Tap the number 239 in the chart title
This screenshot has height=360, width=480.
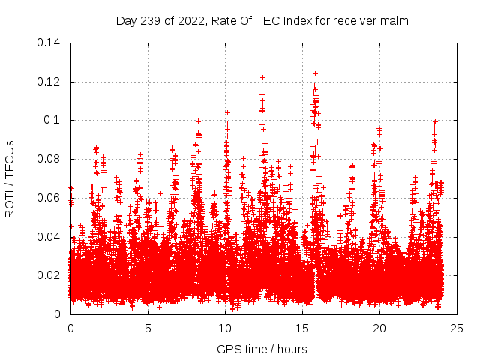[148, 20]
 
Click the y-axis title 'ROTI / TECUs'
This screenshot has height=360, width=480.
[10, 178]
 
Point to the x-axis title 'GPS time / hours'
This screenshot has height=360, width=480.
[261, 349]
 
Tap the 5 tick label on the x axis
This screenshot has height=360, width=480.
[148, 328]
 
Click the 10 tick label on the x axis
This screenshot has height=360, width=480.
[225, 328]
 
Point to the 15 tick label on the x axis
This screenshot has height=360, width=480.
[302, 328]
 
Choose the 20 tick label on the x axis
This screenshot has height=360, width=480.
[380, 328]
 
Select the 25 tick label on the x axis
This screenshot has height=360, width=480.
[457, 328]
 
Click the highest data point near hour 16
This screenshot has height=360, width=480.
[315, 73]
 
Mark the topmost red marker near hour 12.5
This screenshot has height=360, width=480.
[262, 77]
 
